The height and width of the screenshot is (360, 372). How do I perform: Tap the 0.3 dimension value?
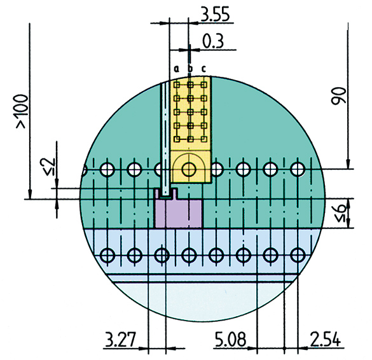[213, 41]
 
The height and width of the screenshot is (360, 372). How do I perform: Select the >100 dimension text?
[22, 111]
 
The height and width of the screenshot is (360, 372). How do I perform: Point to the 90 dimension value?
[339, 96]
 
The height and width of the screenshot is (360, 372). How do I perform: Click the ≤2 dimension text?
[49, 167]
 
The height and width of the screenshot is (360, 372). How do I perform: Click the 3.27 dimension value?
[120, 340]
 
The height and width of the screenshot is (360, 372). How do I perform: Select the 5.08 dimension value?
[230, 340]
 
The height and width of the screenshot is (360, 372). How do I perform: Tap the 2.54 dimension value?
[326, 340]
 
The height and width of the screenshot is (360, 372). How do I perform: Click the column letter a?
[176, 69]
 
